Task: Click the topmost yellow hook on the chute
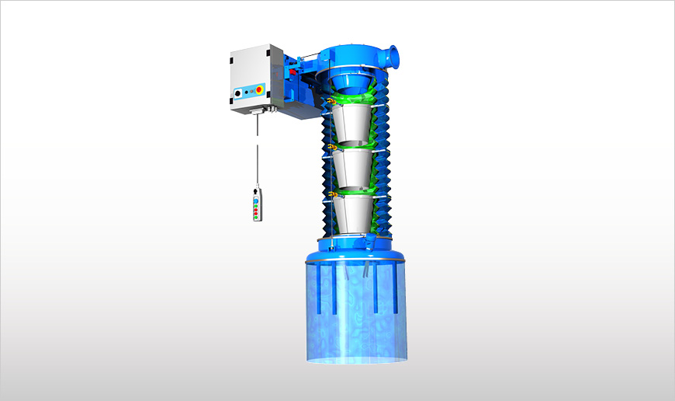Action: point(331,102)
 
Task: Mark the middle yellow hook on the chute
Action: point(331,147)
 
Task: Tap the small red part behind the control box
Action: point(294,73)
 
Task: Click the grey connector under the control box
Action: point(254,113)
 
